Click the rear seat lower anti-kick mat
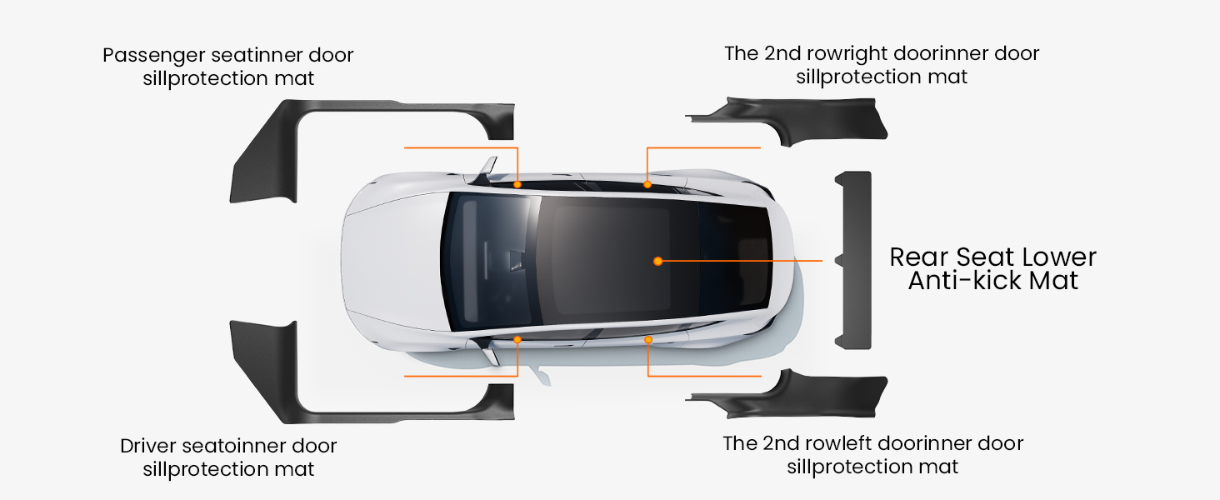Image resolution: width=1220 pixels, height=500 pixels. click(854, 260)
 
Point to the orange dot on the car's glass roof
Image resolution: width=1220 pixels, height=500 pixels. click(658, 262)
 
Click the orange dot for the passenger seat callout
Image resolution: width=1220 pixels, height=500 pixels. click(517, 185)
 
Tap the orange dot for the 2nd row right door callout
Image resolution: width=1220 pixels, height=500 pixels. click(647, 185)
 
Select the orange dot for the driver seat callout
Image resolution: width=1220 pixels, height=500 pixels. click(517, 340)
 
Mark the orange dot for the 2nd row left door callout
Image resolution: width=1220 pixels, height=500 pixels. click(648, 340)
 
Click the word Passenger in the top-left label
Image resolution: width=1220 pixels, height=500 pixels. click(153, 56)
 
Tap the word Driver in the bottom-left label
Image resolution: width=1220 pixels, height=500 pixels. click(148, 446)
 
